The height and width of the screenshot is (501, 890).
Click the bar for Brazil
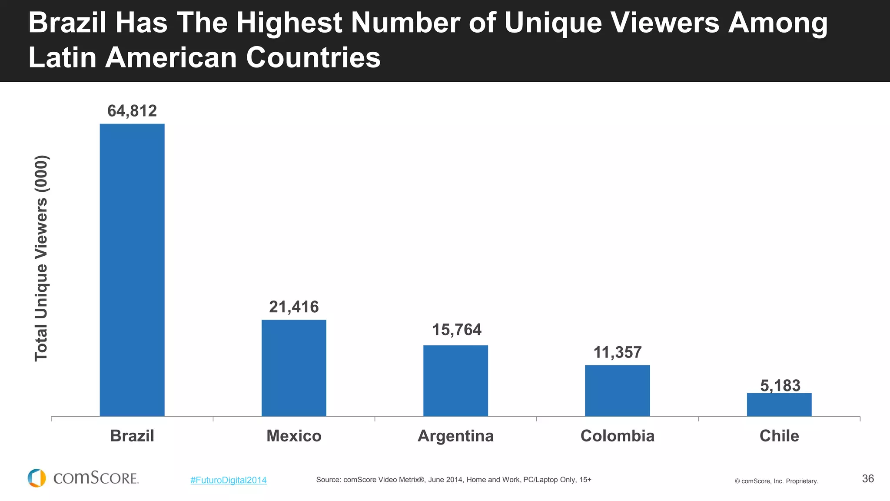pos(132,270)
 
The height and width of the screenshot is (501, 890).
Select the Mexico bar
pos(294,368)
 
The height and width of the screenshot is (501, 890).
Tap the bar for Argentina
pos(455,381)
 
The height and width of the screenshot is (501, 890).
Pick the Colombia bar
pos(617,391)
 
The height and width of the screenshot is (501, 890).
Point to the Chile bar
pos(779,404)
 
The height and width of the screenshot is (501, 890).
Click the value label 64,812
pos(132,111)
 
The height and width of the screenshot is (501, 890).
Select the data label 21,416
pos(294,307)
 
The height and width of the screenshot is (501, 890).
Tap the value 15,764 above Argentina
pos(456,330)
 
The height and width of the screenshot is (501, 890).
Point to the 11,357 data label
pos(617,352)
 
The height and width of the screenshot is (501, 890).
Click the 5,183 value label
pos(780,385)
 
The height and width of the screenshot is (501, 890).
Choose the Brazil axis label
pos(132,436)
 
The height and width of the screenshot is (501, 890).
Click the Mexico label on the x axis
pos(294,436)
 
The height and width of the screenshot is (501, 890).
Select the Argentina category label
pos(455,436)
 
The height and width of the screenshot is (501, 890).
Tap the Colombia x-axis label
pos(617,436)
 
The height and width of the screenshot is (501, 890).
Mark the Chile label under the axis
pos(779,436)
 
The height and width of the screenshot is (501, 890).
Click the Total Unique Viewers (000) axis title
pos(41,258)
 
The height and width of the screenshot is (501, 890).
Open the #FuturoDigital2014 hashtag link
pos(228,480)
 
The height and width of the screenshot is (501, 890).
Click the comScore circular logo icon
pos(37,478)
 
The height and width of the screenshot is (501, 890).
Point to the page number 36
pos(867,479)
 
